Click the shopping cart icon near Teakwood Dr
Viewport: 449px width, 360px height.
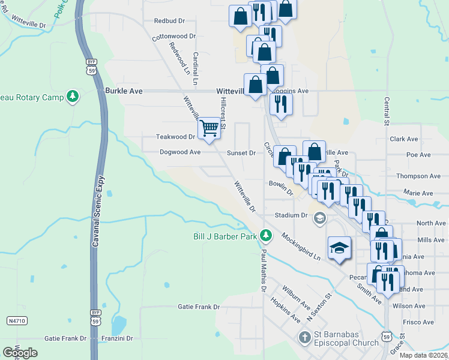[209, 128]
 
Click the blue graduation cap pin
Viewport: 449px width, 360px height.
[339, 248]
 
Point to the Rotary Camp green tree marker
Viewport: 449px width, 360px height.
[73, 97]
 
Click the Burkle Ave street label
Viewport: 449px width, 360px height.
[124, 91]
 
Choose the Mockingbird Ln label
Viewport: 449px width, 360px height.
[300, 246]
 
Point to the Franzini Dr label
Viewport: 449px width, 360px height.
[116, 338]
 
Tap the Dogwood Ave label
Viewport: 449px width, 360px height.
[180, 152]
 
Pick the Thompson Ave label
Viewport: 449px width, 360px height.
[418, 176]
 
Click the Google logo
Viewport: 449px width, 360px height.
[20, 352]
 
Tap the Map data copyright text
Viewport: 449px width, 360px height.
[424, 355]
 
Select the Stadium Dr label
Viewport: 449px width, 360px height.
[291, 215]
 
